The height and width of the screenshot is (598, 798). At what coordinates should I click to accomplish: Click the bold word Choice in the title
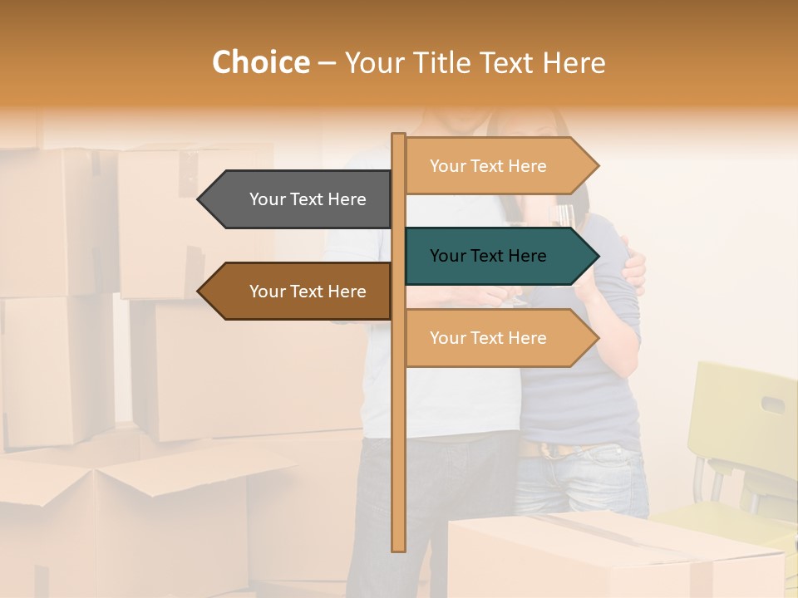pos(260,63)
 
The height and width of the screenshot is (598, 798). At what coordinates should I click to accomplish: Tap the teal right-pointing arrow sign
pos(495,256)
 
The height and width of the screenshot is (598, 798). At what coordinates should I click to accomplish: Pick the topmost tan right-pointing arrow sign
pos(495,166)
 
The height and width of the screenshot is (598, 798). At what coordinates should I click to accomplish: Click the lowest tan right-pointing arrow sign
pos(495,338)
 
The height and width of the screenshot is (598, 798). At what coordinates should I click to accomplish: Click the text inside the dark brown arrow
pos(308,292)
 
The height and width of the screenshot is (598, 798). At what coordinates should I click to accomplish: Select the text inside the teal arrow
pos(488,256)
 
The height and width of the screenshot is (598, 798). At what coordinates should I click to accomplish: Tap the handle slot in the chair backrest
pos(772,404)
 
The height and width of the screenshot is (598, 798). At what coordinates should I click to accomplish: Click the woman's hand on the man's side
pos(633,271)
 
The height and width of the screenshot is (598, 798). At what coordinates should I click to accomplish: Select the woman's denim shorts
pos(582,482)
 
